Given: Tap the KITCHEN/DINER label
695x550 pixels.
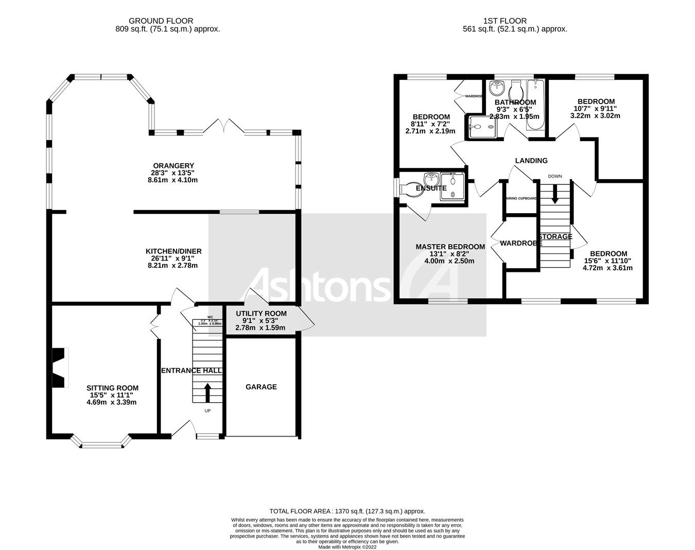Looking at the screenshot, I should point(173,251).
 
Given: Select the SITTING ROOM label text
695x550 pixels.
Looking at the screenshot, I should point(112,388).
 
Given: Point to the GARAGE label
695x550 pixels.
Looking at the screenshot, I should point(261,387).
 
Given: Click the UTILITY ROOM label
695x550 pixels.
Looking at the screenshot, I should point(261,313).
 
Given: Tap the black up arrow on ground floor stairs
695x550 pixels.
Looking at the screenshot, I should point(208,392).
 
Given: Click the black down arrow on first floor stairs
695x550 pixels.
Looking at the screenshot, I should point(555,194).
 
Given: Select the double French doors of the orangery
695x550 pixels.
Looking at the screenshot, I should point(224,126).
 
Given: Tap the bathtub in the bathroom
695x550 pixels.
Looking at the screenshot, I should point(536,106).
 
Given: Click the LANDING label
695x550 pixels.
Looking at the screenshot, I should point(531,161).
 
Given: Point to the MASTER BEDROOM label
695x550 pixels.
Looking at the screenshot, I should point(450,247).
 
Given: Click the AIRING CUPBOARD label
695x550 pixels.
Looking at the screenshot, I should point(521,198).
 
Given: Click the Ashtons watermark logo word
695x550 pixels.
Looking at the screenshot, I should point(319,285).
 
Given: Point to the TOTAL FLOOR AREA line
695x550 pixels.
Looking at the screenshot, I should point(347,511).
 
